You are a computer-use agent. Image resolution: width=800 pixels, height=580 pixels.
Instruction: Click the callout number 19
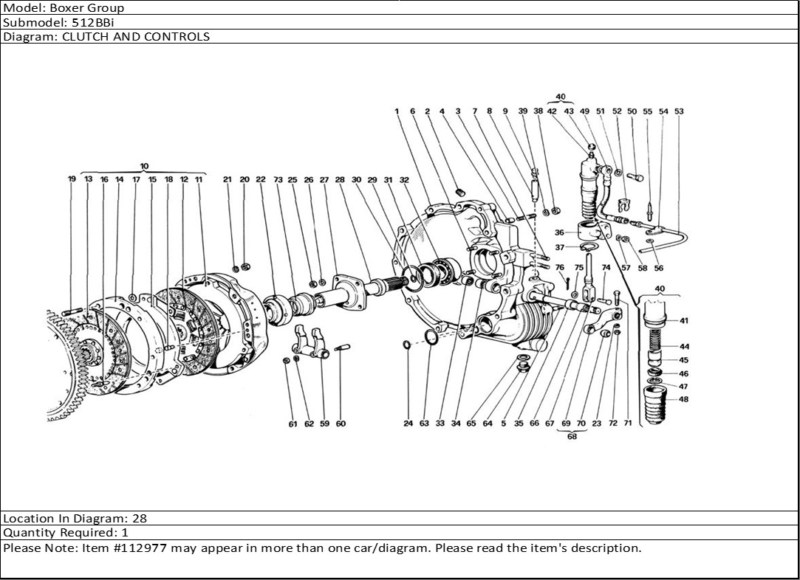[72, 179]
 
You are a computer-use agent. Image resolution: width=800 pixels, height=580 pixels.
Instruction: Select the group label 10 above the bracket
[144, 165]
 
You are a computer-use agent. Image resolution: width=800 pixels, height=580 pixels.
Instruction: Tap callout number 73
[278, 179]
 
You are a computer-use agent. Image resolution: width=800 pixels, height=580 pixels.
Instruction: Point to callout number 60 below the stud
[341, 424]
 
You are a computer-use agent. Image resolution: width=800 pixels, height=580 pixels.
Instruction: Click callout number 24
[408, 424]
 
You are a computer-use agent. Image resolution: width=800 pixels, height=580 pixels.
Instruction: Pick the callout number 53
[679, 111]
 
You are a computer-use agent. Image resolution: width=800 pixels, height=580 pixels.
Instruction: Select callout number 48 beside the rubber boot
[684, 399]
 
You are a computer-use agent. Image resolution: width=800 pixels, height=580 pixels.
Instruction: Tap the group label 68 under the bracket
[572, 436]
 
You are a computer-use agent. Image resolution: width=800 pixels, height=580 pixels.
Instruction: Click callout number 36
[559, 232]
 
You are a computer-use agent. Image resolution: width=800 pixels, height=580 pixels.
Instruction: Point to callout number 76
[559, 268]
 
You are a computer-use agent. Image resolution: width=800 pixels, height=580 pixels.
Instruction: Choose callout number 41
[684, 321]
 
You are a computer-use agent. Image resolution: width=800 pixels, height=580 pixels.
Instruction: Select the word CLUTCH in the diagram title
[83, 36]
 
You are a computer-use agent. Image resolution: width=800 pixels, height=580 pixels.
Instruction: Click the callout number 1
[397, 111]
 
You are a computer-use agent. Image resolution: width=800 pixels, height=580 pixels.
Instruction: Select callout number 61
[293, 424]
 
